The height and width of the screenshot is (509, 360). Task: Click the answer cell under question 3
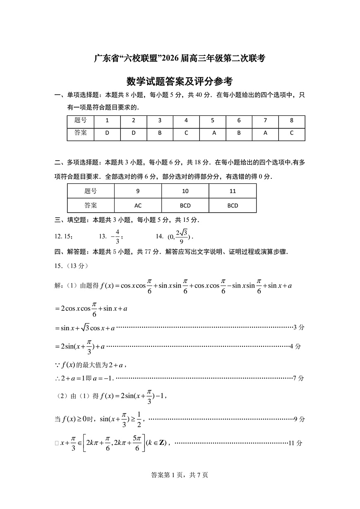160,133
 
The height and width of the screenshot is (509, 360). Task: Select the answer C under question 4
186,133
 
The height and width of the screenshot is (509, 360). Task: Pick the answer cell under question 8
292,133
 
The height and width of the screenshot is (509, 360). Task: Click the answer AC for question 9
138,205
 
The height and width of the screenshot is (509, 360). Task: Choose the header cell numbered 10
185,191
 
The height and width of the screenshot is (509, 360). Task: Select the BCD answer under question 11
233,205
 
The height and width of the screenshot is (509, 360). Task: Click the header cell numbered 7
265,121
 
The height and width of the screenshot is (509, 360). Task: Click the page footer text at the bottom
180,475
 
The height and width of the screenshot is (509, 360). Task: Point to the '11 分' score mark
296,443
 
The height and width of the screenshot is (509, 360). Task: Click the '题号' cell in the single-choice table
81,121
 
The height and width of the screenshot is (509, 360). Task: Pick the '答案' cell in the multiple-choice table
91,205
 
